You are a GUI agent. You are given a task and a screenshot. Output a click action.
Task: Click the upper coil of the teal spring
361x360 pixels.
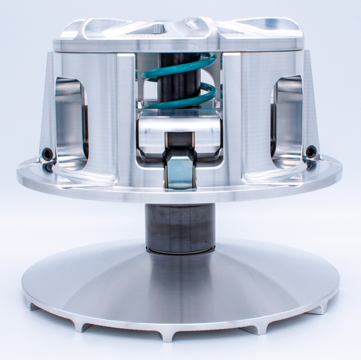(180, 63)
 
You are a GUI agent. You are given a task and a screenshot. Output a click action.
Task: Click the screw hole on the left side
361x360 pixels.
(47, 155)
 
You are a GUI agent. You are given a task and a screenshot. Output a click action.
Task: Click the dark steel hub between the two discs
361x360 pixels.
(180, 226)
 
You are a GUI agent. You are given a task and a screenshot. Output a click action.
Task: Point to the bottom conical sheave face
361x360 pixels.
(180, 283)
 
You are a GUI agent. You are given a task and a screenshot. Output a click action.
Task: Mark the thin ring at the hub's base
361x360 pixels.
(180, 249)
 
